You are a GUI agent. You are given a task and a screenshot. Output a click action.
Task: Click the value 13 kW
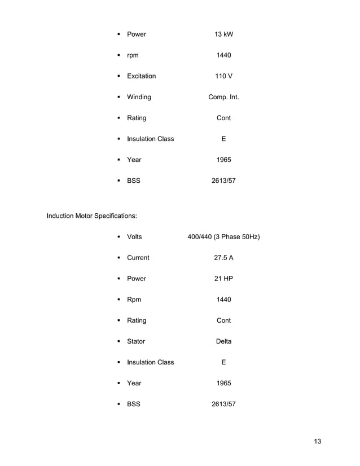223,34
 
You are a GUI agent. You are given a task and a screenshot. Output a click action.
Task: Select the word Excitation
141,76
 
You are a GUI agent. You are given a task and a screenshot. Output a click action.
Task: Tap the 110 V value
223,76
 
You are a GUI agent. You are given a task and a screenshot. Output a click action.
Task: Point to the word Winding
139,97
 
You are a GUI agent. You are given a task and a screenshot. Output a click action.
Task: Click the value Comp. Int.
223,97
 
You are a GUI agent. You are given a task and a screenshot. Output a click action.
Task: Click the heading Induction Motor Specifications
91,216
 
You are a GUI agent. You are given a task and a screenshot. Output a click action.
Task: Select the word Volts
134,237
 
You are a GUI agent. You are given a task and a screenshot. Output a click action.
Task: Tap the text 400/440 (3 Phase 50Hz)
223,237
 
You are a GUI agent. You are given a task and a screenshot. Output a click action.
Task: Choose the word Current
138,258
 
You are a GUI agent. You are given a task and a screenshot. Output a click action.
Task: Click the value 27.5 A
223,258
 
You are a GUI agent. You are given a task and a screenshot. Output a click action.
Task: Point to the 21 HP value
223,279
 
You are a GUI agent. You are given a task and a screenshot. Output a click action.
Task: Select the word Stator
136,341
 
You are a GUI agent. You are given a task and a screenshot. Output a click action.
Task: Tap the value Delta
223,341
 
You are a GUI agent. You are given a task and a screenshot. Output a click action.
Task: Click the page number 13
317,441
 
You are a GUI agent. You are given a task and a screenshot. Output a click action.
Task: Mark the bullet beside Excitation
119,76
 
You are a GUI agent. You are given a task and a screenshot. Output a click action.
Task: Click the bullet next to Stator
119,341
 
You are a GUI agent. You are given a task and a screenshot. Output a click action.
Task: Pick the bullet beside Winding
119,97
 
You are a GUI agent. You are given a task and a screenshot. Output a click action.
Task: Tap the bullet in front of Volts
119,237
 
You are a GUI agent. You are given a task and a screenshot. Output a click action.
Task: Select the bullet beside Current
119,258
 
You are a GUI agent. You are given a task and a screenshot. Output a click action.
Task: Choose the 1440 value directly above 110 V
223,55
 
